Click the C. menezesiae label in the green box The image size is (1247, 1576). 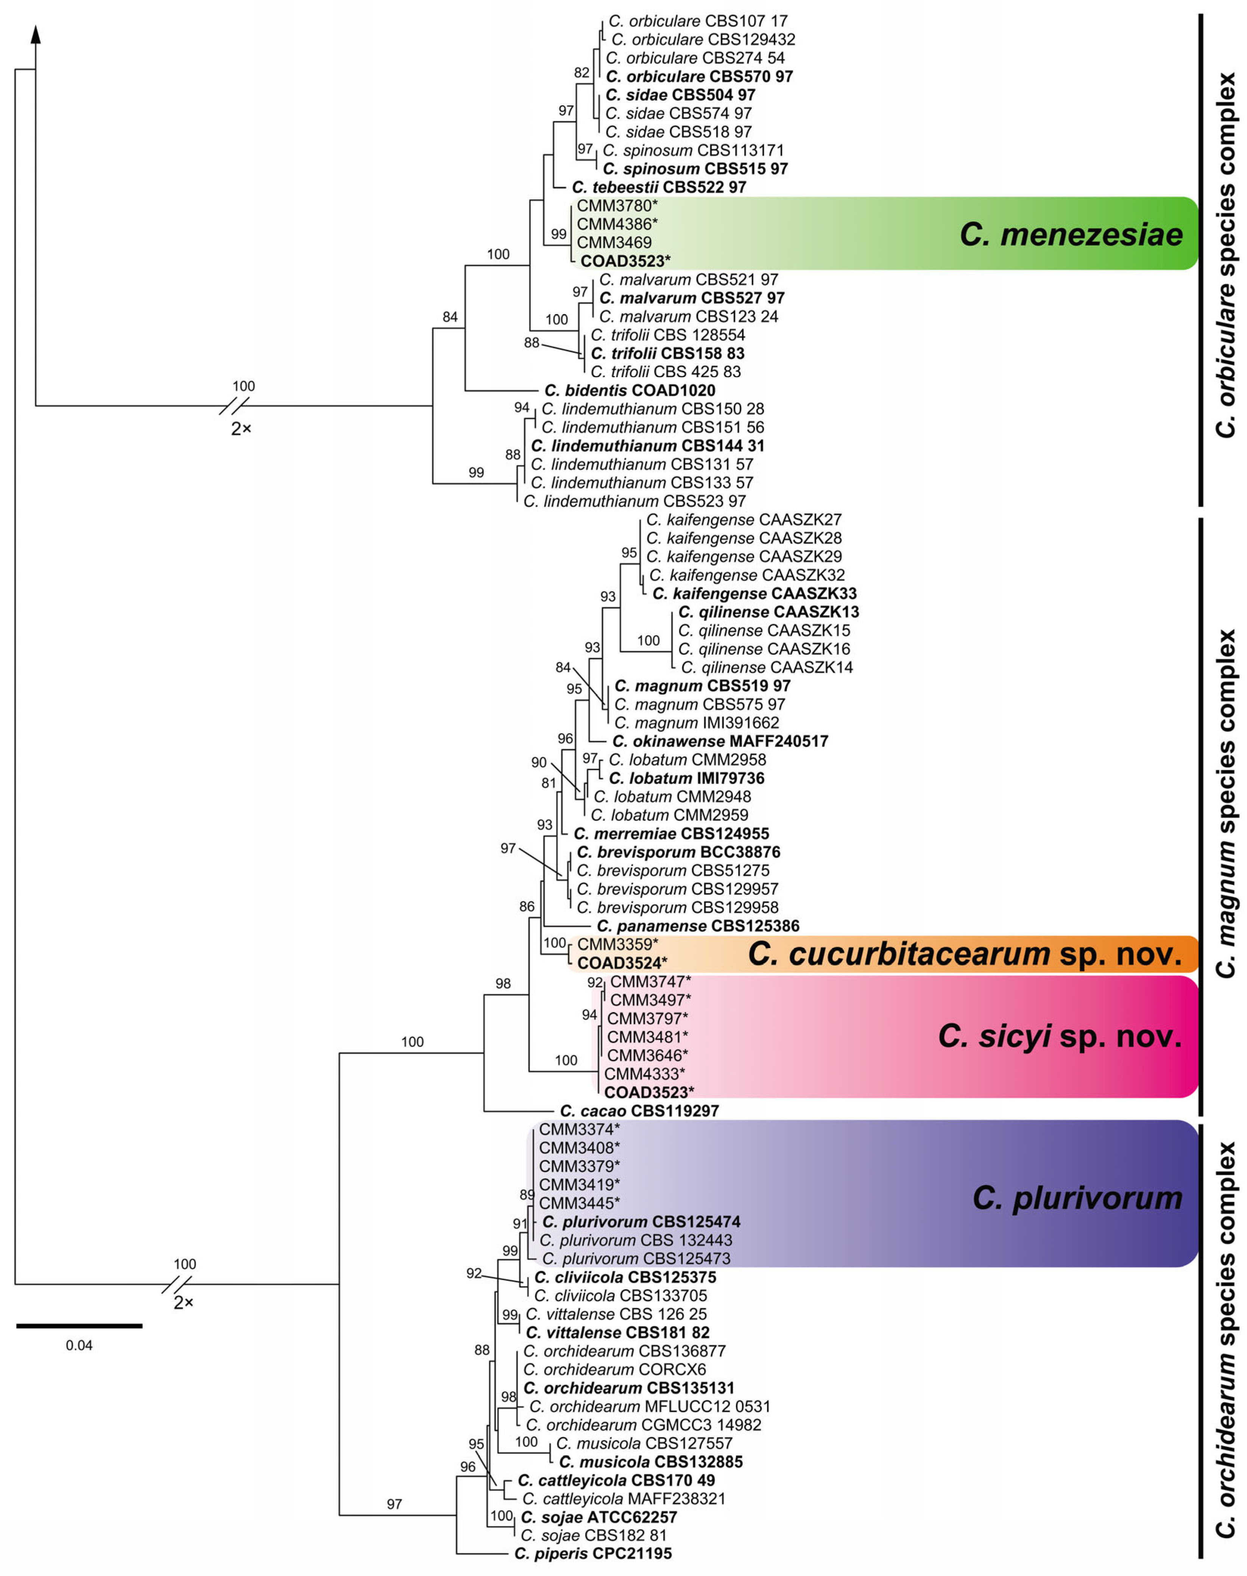(x=1071, y=234)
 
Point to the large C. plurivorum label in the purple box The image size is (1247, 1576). (x=1077, y=1198)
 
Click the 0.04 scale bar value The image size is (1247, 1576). (x=79, y=1346)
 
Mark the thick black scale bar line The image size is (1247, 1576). (x=79, y=1325)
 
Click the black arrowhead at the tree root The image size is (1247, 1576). (x=36, y=34)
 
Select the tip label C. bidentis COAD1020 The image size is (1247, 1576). (x=629, y=391)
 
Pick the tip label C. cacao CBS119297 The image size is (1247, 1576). (x=639, y=1110)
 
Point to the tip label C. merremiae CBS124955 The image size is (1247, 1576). (x=671, y=833)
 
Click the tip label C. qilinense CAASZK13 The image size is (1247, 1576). (x=768, y=612)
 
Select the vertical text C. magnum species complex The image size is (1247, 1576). (x=1227, y=803)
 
